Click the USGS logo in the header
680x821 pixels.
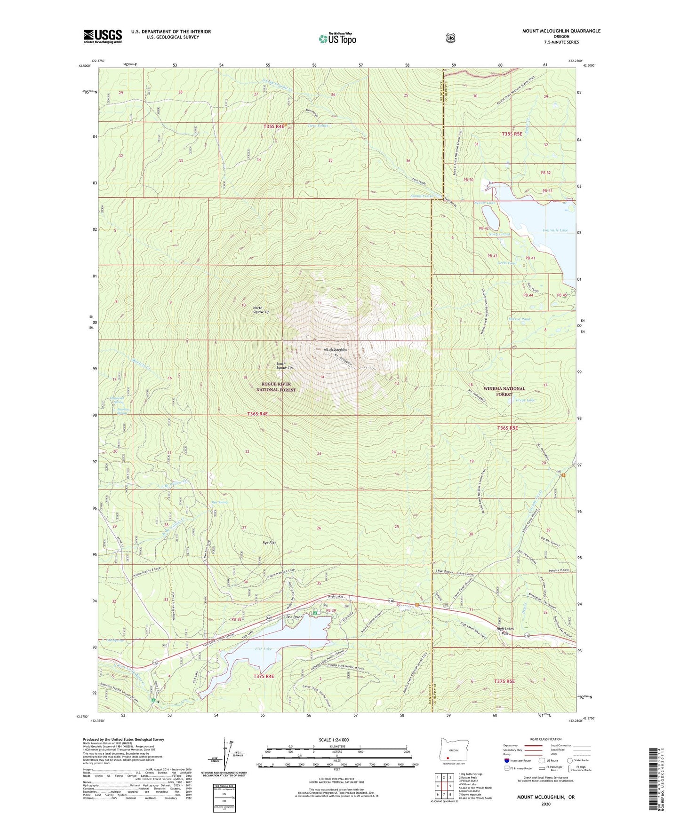pyautogui.click(x=103, y=36)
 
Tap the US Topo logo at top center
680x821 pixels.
pyautogui.click(x=337, y=39)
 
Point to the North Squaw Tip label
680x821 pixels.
pyautogui.click(x=261, y=310)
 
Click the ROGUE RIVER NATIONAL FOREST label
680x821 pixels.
pyautogui.click(x=276, y=387)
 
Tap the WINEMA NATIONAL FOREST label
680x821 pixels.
pyautogui.click(x=504, y=391)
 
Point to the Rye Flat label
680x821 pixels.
pyautogui.click(x=269, y=543)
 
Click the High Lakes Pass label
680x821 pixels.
pyautogui.click(x=505, y=631)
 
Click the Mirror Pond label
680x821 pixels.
pyautogui.click(x=520, y=319)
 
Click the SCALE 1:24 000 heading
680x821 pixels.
pyautogui.click(x=334, y=740)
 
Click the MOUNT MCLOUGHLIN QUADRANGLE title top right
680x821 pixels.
pyautogui.click(x=561, y=31)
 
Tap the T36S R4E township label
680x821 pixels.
pyautogui.click(x=257, y=414)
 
